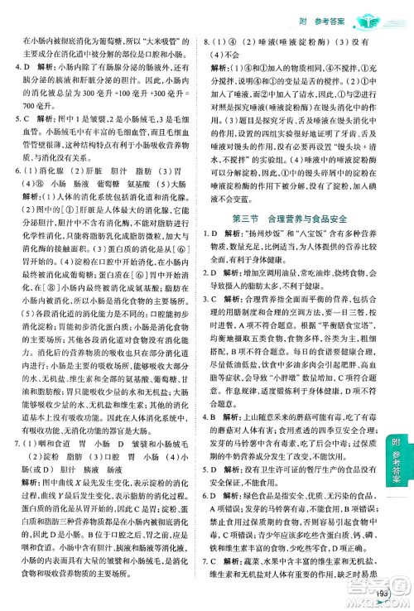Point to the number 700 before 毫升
(30, 106)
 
